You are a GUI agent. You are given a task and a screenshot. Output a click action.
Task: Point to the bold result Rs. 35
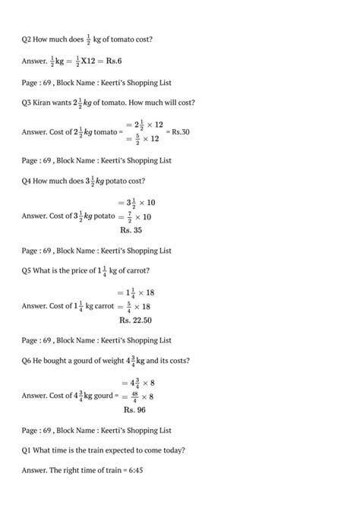[x=131, y=229]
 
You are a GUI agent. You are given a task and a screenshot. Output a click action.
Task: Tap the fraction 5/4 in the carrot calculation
[x=125, y=306]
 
